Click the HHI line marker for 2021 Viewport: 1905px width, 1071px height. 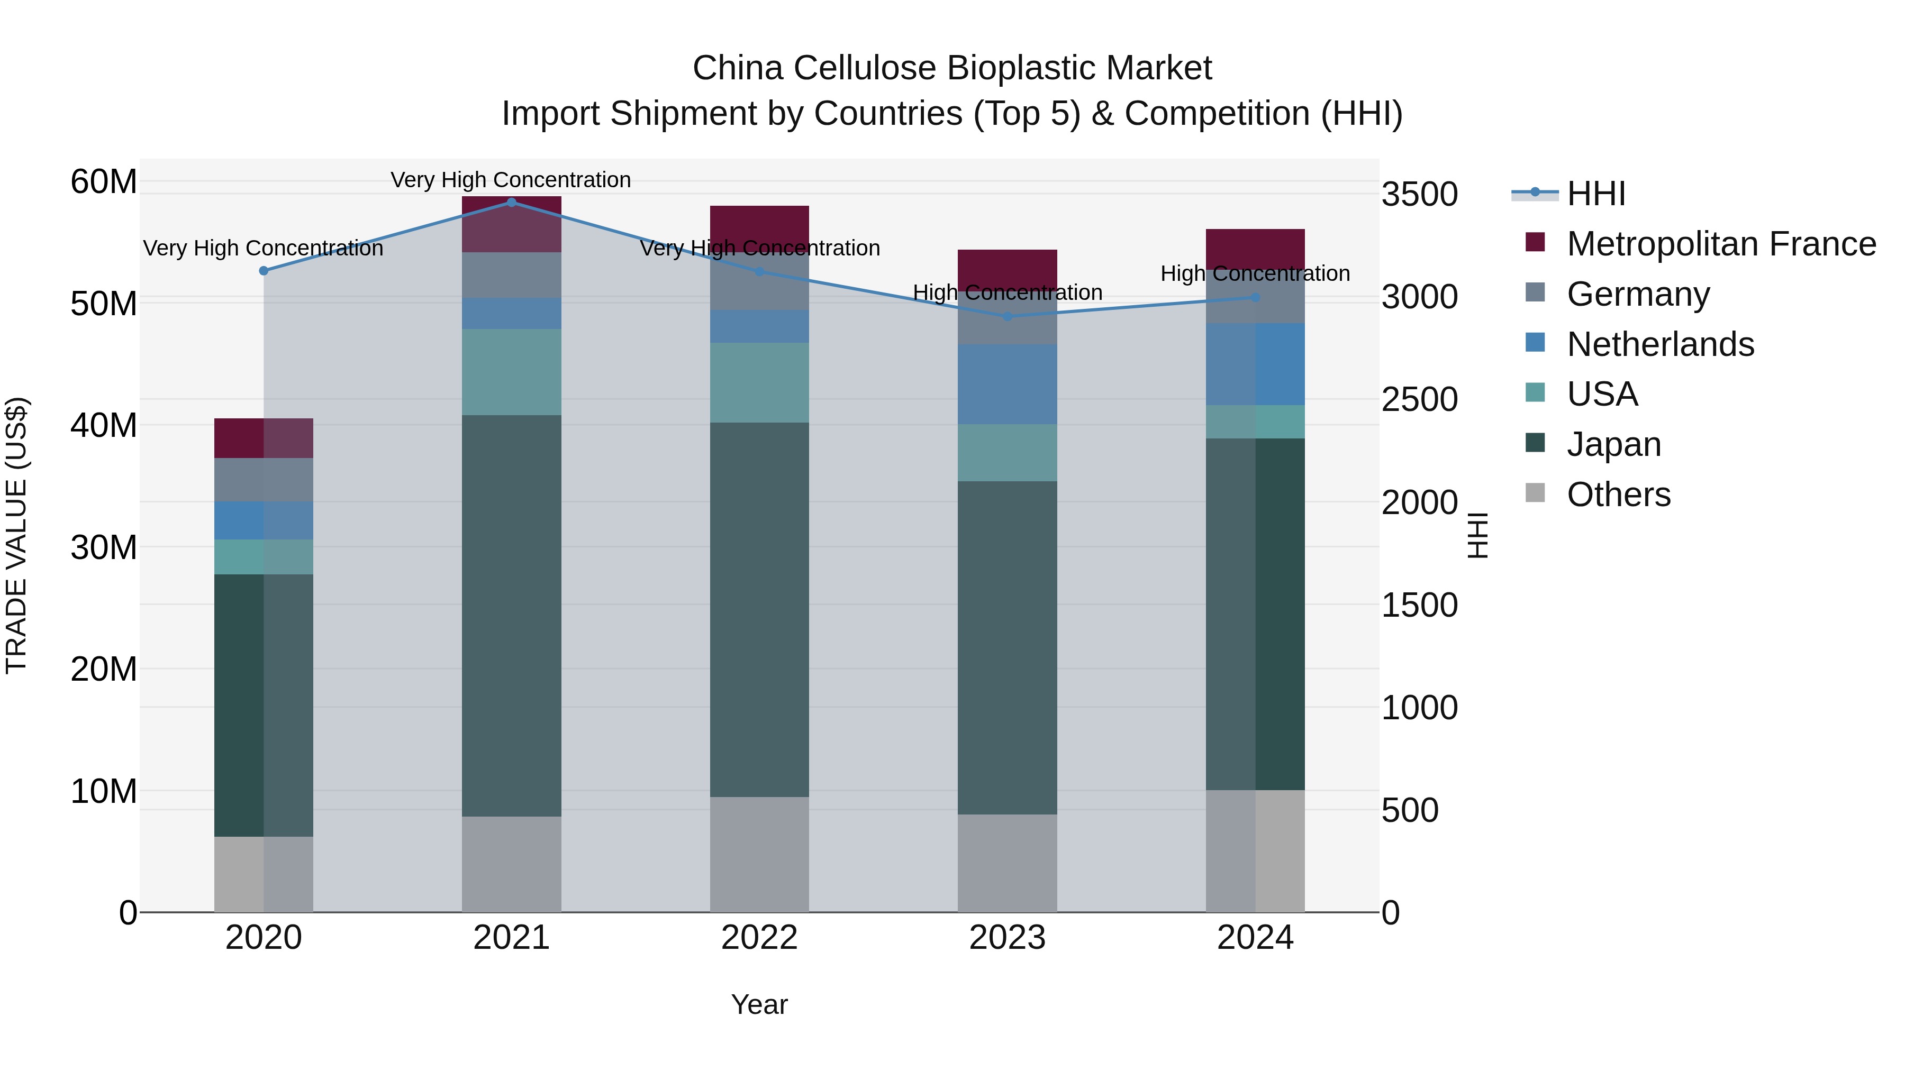tap(511, 202)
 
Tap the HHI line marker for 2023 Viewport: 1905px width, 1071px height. tap(1007, 316)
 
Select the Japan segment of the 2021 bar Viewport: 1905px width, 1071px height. tap(511, 615)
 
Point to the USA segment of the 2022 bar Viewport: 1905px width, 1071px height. tap(759, 382)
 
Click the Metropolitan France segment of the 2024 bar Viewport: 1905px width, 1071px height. tap(1255, 249)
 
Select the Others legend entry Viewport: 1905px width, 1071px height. tap(1618, 495)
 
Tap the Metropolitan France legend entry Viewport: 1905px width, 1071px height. tap(1720, 244)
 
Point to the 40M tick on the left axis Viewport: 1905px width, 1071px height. tap(104, 426)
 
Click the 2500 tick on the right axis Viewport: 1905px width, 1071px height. tap(1419, 400)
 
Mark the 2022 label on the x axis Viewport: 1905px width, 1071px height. tap(759, 938)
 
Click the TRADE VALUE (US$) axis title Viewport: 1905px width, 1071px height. tap(16, 535)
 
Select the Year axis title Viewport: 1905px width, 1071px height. tap(759, 1004)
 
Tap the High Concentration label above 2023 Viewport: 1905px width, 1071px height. tap(1007, 292)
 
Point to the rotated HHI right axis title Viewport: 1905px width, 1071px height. tap(1477, 535)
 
